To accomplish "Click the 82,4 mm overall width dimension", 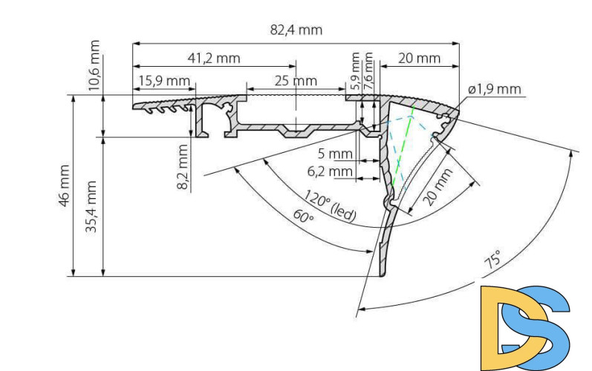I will point(296,30).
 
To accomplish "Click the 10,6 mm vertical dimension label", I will point(94,65).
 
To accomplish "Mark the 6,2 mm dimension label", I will point(331,172).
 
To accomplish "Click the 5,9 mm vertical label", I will point(356,71).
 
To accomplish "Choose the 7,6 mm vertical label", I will point(368,71).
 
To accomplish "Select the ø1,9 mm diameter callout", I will point(495,90).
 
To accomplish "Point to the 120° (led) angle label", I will point(330,207).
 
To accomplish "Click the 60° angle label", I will point(302,217).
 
